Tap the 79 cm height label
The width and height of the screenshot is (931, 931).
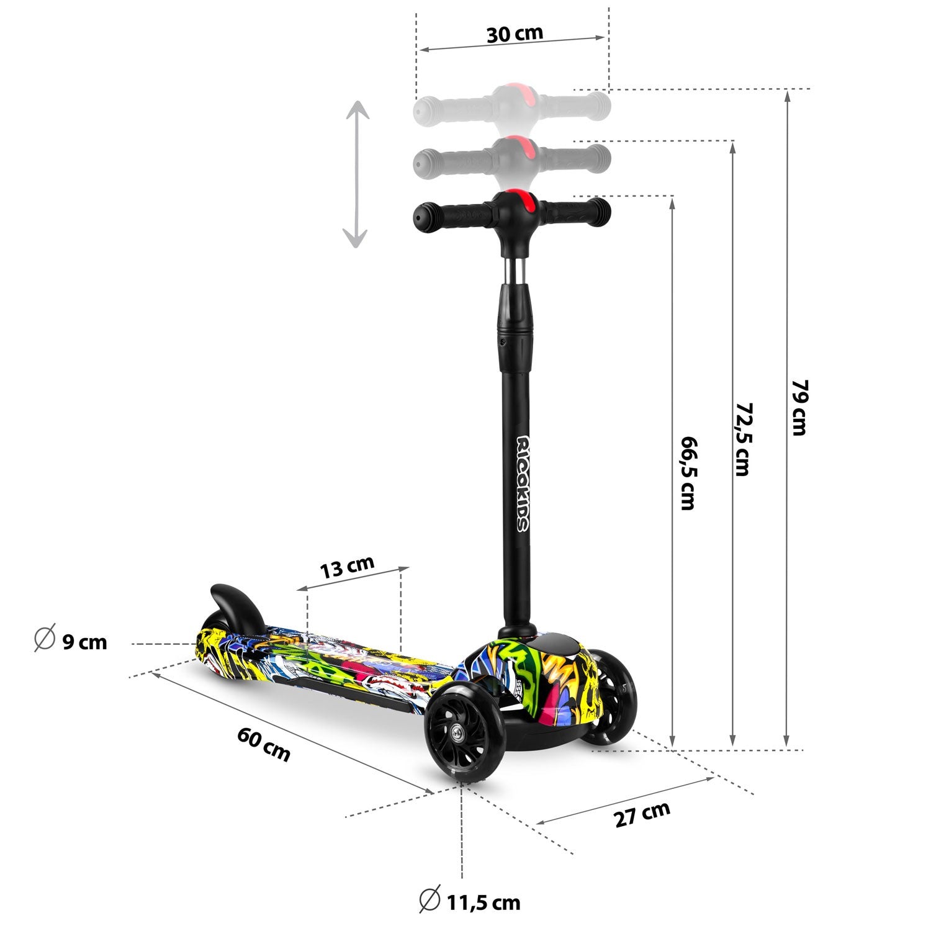[799, 407]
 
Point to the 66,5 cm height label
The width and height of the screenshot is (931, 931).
[688, 472]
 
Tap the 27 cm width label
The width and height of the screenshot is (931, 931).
[642, 814]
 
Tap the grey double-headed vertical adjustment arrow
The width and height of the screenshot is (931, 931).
[356, 175]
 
